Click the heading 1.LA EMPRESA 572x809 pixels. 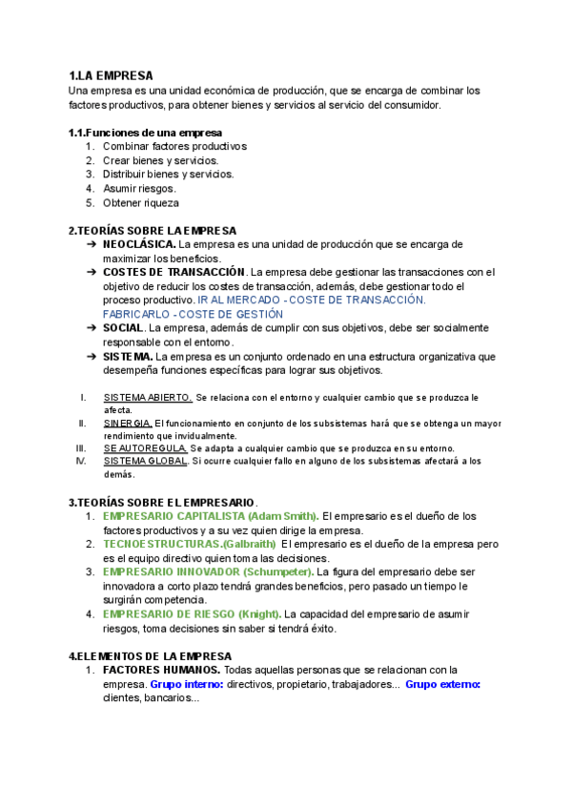(x=111, y=75)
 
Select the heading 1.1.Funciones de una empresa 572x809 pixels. (x=145, y=132)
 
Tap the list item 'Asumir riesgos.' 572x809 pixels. (x=139, y=189)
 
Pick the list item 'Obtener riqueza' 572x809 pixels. (x=140, y=202)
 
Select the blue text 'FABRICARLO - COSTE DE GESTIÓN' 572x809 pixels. (x=193, y=314)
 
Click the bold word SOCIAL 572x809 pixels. (x=123, y=328)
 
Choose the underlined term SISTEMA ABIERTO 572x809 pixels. (x=148, y=397)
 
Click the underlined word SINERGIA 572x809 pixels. (x=128, y=423)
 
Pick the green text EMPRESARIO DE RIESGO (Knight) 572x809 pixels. (x=191, y=613)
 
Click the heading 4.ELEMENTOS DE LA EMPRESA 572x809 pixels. (x=150, y=656)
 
